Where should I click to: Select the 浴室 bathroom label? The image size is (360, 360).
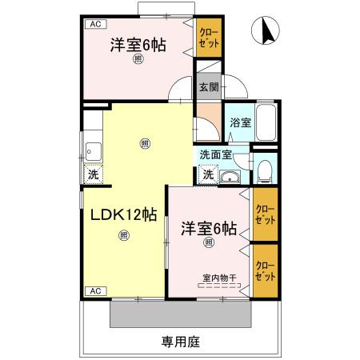(241, 122)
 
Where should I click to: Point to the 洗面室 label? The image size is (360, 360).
(215, 155)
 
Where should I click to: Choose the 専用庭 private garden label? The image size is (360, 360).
(180, 342)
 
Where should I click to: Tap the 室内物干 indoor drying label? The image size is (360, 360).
(218, 278)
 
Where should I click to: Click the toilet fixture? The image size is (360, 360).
(265, 169)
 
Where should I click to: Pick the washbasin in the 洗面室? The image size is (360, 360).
(230, 176)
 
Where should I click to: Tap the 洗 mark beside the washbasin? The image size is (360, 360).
(207, 174)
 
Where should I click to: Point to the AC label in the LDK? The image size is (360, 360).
(93, 290)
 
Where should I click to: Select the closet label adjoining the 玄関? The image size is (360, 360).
(207, 37)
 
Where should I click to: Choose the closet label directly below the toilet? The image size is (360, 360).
(265, 214)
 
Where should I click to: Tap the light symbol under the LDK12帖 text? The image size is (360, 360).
(122, 235)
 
